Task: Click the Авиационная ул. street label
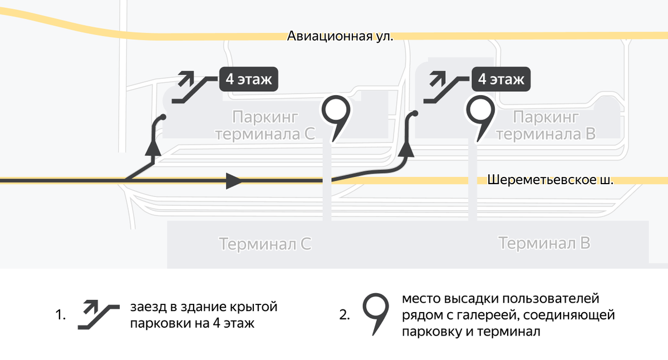tap(340, 37)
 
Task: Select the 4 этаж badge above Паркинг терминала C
tap(248, 80)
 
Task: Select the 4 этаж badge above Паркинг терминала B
tap(501, 80)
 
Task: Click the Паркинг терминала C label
tap(266, 126)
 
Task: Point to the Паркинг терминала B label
tap(546, 126)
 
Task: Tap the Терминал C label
tap(265, 244)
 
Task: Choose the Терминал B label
tap(544, 243)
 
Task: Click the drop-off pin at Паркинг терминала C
tap(336, 113)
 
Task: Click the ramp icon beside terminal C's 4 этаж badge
tap(188, 87)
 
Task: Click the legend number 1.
tap(61, 315)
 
